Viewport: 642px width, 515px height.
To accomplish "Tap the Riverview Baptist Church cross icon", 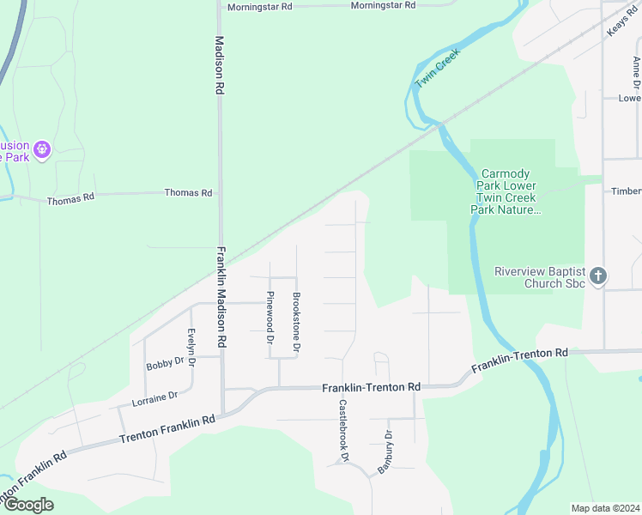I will [599, 276].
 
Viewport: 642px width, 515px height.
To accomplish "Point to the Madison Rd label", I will [220, 64].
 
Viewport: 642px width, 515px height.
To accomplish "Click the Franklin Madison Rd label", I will [221, 297].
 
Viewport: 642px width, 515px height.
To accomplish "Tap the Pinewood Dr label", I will [270, 313].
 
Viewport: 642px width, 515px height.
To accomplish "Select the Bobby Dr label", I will [165, 363].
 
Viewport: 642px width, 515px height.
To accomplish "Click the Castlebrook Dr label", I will [342, 431].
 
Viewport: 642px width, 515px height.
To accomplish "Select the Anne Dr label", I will [636, 72].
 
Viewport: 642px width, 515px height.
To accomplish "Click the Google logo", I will [27, 505].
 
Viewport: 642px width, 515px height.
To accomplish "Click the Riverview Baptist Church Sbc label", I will [539, 277].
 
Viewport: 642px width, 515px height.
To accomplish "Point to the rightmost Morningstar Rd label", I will [383, 5].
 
